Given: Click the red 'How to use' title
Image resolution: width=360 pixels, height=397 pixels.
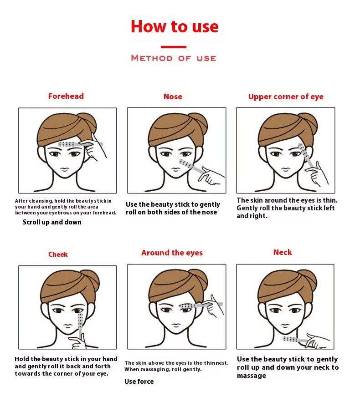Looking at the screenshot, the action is [175, 26].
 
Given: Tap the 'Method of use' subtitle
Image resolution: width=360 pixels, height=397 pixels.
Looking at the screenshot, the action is [174, 58].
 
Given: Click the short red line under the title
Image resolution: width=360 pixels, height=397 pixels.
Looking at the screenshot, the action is [174, 47].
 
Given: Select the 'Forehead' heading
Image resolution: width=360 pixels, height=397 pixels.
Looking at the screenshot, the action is [66, 96].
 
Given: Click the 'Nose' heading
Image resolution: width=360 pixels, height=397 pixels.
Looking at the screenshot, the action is [173, 97].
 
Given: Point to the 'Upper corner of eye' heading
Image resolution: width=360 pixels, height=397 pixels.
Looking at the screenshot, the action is [286, 97].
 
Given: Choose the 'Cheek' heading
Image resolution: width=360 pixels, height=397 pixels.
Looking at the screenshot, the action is [58, 254].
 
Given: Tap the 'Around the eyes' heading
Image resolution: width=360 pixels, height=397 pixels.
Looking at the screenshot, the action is [172, 253].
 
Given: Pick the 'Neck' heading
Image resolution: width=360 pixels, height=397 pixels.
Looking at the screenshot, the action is [283, 252].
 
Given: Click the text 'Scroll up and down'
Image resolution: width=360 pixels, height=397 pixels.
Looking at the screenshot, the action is [52, 222].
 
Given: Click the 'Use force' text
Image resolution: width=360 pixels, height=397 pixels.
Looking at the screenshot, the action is [139, 382].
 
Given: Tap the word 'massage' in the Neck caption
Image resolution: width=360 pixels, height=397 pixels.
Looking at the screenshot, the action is [251, 376].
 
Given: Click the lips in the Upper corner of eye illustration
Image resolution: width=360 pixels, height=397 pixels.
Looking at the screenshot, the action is [285, 169].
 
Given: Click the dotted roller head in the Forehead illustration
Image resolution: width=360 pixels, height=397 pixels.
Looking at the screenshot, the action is [67, 144].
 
